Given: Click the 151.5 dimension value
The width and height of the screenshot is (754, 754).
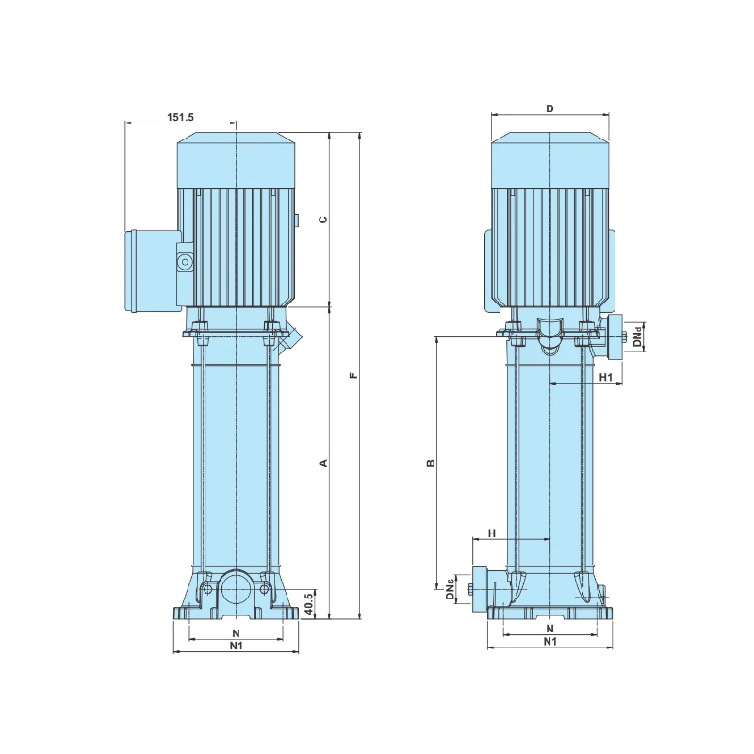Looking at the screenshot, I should click(x=181, y=117).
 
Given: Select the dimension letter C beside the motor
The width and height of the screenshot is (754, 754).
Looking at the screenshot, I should click(x=322, y=220).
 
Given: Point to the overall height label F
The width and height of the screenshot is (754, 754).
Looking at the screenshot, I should click(x=353, y=376).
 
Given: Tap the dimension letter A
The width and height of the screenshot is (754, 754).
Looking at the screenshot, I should click(x=322, y=463).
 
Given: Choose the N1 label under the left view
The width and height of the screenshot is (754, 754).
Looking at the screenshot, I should click(x=237, y=646).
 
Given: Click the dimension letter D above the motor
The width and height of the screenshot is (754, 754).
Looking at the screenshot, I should click(x=550, y=108).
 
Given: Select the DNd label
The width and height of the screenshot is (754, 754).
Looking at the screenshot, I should click(x=637, y=336).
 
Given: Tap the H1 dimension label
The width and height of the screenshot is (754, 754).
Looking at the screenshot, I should click(x=607, y=377).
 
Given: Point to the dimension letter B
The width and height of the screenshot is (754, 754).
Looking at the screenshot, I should click(x=431, y=463).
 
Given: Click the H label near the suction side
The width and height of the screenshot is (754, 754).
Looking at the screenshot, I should click(x=491, y=533).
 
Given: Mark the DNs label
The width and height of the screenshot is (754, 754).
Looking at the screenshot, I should click(x=451, y=590).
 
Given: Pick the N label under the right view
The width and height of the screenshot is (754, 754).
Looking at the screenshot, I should click(x=549, y=628).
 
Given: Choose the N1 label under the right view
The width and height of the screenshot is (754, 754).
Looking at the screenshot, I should click(x=549, y=642).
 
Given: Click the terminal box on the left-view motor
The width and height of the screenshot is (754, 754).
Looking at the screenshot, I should click(x=153, y=270).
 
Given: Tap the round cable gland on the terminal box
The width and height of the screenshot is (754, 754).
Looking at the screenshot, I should click(x=184, y=260).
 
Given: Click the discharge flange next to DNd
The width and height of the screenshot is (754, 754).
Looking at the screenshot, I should click(x=615, y=336).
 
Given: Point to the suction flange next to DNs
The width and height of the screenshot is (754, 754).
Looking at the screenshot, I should click(x=477, y=589).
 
